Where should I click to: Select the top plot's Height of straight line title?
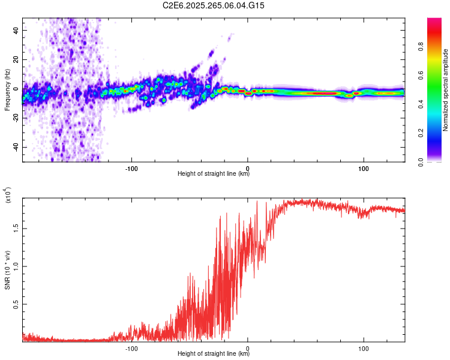(x=214, y=174)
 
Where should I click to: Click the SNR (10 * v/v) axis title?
(x=7, y=270)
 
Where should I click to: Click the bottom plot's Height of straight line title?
(x=214, y=354)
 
